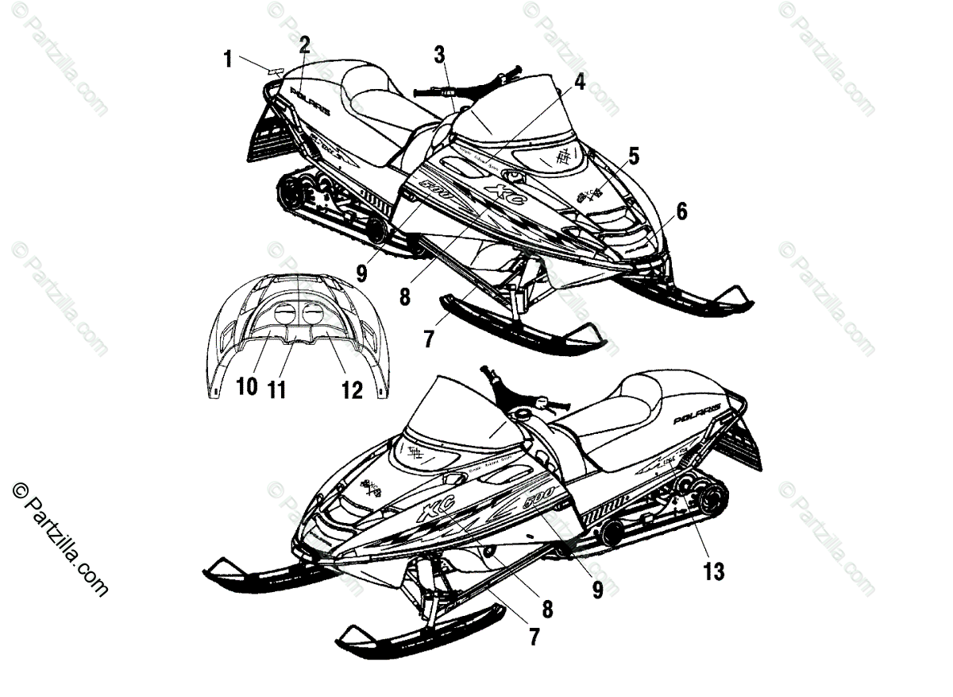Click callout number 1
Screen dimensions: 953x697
click(x=228, y=59)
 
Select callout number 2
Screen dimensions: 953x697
click(x=304, y=45)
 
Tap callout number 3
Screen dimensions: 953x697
click(x=439, y=54)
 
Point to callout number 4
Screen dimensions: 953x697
click(x=580, y=81)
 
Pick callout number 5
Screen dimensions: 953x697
click(x=633, y=155)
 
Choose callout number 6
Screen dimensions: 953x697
click(x=681, y=212)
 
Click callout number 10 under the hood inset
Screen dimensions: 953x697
click(x=247, y=388)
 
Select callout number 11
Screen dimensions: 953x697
click(x=276, y=389)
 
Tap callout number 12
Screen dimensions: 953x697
click(x=352, y=389)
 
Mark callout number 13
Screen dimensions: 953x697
click(x=713, y=571)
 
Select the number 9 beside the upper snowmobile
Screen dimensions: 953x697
click(x=361, y=273)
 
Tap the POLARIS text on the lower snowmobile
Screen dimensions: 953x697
click(x=697, y=413)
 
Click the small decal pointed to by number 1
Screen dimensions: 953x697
click(x=275, y=71)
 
